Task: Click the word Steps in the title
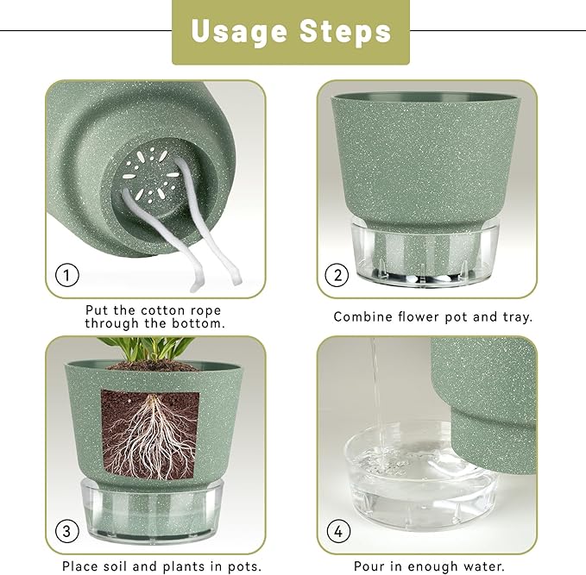[x=345, y=32]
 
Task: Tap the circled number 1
[x=67, y=276]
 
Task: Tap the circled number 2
[x=337, y=276]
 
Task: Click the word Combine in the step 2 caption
[x=362, y=316]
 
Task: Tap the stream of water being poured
[x=375, y=388]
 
